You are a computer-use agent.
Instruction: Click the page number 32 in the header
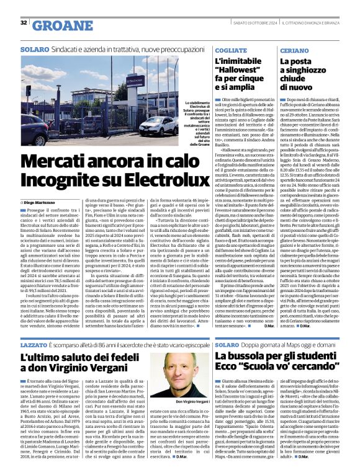(x=24, y=23)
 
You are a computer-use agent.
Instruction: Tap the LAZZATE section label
(x=34, y=343)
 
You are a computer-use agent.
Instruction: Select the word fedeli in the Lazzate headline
(x=135, y=358)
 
